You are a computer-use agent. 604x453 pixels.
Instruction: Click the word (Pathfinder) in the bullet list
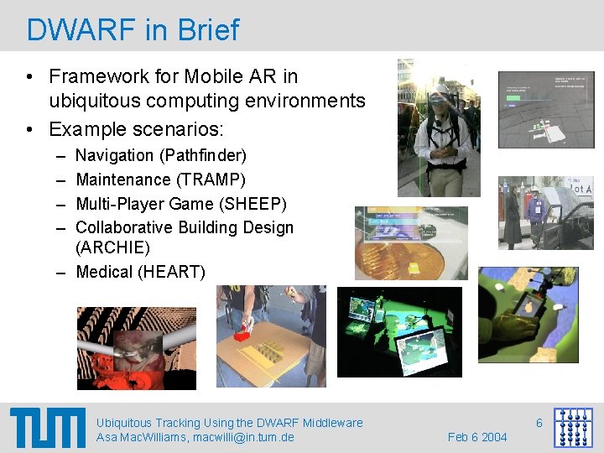coord(202,155)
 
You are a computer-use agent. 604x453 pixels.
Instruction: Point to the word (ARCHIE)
coord(113,247)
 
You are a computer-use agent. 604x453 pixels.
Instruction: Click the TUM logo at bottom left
coord(48,428)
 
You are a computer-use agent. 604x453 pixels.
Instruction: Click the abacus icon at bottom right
coord(573,428)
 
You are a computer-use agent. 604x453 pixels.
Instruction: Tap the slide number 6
coord(539,423)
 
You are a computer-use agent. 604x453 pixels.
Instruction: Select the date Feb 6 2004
coord(477,437)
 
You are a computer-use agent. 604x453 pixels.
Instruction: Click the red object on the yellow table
coord(242,334)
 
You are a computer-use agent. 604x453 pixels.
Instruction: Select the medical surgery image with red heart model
coord(136,348)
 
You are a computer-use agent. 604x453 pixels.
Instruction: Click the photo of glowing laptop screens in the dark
coord(399,331)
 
